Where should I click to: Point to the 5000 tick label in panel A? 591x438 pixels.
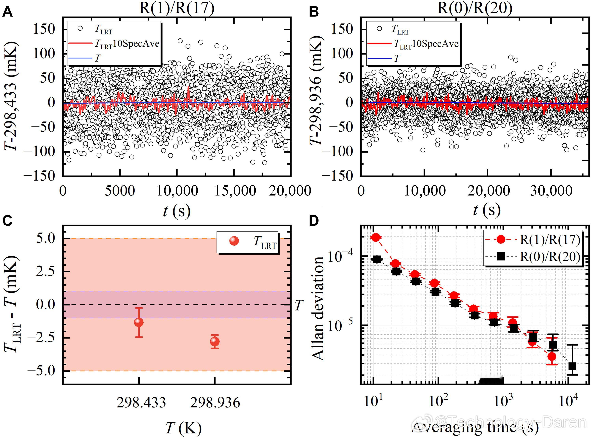[x=120, y=191]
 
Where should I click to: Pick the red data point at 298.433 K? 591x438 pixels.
[x=139, y=322]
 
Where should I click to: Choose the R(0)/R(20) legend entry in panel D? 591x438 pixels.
[x=550, y=257]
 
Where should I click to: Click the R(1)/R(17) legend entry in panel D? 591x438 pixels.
[x=550, y=239]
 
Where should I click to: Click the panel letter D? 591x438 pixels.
[x=314, y=221]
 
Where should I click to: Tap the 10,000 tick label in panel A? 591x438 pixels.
[x=177, y=191]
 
